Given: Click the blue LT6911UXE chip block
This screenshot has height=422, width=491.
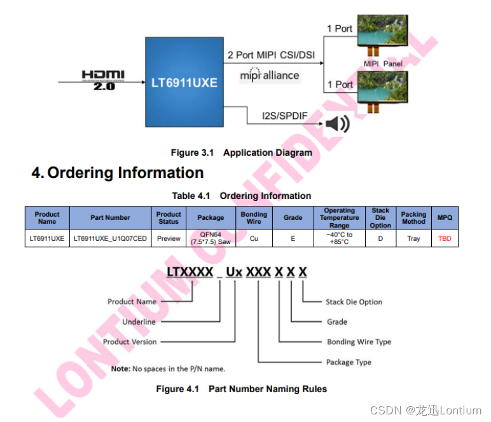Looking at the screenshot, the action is tap(184, 83).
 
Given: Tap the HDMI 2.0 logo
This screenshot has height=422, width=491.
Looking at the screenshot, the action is tap(103, 79).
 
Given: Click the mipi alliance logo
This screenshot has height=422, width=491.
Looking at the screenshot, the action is tap(269, 75).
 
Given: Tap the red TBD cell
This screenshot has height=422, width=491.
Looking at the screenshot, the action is tap(445, 239).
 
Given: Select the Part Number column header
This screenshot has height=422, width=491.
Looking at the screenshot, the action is tap(110, 217).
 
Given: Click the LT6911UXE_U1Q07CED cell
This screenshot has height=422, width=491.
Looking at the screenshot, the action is tap(110, 239).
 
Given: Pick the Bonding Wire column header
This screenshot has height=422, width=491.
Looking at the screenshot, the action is tap(254, 217).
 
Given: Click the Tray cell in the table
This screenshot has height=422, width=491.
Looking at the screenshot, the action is tap(413, 239).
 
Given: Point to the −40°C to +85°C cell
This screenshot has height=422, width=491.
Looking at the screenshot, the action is tap(339, 239).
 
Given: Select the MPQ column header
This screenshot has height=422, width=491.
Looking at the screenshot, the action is tap(445, 217).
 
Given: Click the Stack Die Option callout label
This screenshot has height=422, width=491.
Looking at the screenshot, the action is tap(354, 302).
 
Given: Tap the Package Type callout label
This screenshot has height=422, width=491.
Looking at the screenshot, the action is tap(349, 362).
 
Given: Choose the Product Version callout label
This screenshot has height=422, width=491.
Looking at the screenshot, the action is tap(130, 342).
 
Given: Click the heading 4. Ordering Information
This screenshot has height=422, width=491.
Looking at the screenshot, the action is tap(118, 173).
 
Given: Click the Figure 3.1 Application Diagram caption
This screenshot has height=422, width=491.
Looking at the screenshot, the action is tap(241, 153).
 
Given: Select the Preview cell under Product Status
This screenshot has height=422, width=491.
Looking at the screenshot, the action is tap(169, 239).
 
